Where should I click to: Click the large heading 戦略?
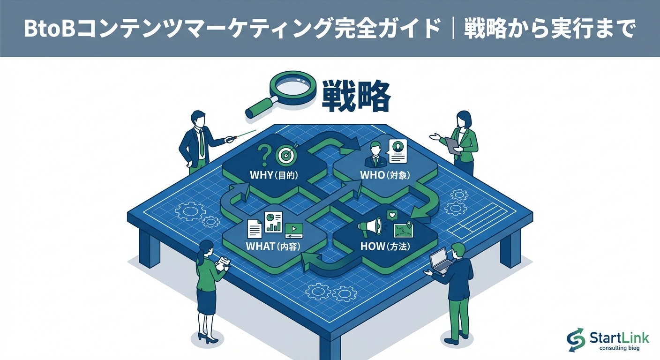coord(356,97)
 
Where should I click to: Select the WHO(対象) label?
coord(385,176)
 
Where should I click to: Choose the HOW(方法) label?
coord(385,246)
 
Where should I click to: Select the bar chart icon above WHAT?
coord(273,222)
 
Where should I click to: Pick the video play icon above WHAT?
coord(293,229)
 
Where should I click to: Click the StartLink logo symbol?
coord(576,339)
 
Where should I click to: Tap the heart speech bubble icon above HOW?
coord(392,216)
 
